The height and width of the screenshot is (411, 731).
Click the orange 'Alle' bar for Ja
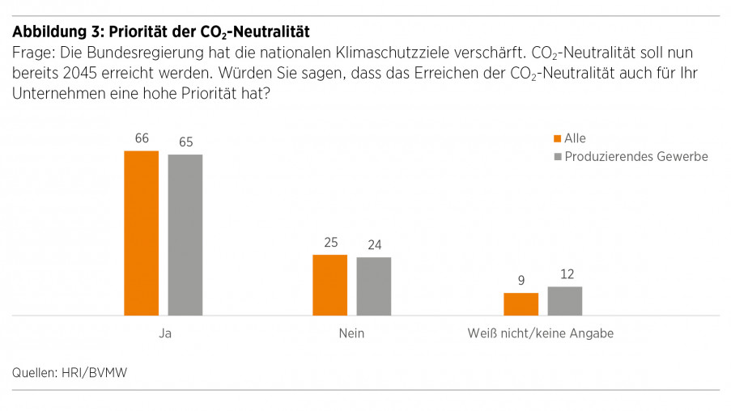(x=141, y=233)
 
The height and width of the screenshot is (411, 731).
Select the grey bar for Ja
(x=185, y=235)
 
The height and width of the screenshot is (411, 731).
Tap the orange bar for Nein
(x=329, y=285)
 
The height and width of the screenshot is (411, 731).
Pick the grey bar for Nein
(x=374, y=286)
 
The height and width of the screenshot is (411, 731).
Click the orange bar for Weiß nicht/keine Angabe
(x=521, y=304)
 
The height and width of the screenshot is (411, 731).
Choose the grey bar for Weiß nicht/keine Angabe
(x=565, y=301)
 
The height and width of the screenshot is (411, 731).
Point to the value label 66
(x=142, y=138)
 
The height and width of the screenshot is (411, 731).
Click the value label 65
(x=185, y=142)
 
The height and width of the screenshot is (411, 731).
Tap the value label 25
(x=330, y=242)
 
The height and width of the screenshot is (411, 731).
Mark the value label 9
(x=521, y=281)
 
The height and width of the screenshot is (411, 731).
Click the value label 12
(x=565, y=274)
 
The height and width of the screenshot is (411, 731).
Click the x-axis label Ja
(x=164, y=333)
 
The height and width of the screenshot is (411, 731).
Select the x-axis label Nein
(x=352, y=333)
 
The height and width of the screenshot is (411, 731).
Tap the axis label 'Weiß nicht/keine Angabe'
(x=540, y=333)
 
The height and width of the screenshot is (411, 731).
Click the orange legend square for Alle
(x=556, y=139)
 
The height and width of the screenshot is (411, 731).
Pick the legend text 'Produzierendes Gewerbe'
(x=635, y=157)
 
